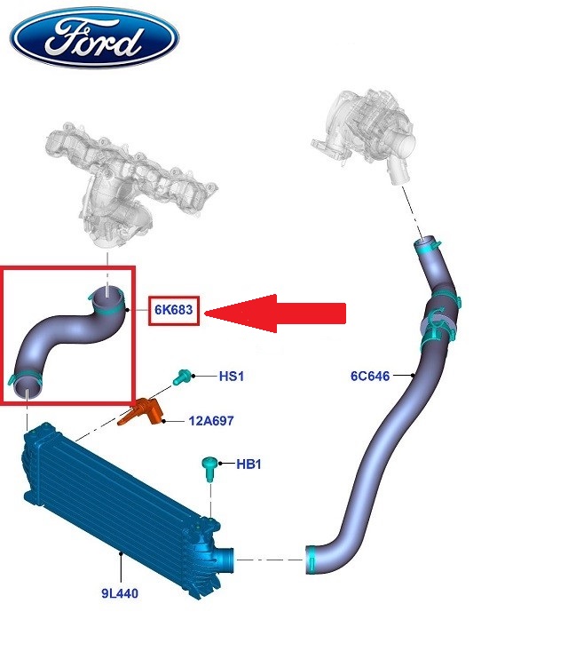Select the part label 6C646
[370, 377]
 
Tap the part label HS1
[232, 377]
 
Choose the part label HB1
[250, 464]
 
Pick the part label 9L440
[119, 592]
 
